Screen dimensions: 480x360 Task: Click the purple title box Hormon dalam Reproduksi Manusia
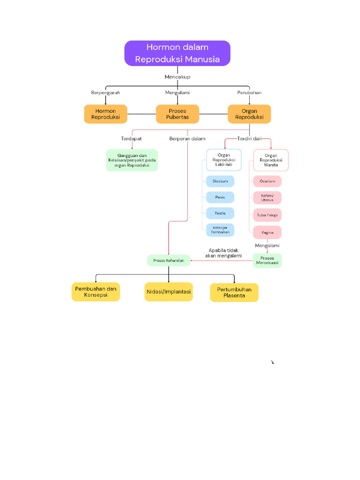click(177, 53)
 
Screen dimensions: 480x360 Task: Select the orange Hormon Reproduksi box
click(105, 114)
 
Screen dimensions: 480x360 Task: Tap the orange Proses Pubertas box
click(177, 114)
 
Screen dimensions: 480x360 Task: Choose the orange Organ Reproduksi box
click(249, 114)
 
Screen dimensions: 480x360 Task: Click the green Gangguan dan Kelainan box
click(132, 160)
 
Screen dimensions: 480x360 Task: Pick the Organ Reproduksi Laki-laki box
click(224, 160)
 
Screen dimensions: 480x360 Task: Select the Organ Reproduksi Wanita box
click(270, 160)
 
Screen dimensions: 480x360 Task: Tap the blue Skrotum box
click(220, 181)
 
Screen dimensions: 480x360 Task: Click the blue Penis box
click(220, 197)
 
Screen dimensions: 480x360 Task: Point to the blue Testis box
click(220, 213)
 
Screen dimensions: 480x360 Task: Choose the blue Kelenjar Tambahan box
click(220, 230)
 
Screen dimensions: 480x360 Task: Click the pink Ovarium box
click(267, 181)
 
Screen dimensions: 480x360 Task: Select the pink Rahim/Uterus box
click(267, 197)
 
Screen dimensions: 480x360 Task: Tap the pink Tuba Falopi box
click(267, 215)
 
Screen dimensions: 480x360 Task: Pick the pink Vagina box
click(267, 232)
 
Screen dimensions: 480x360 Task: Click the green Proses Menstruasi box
click(267, 261)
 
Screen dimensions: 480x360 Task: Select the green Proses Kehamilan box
click(168, 260)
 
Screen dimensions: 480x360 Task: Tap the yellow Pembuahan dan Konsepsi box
click(96, 292)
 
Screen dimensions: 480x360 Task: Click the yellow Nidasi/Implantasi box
click(168, 292)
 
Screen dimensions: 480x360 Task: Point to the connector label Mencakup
click(177, 76)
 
